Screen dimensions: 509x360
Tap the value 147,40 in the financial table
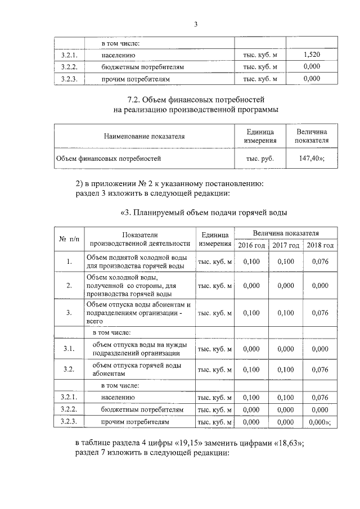312,159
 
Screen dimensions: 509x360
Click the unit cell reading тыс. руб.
260,159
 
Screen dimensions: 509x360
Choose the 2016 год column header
251,245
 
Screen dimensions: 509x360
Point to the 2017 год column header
286,245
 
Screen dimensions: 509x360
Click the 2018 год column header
320,245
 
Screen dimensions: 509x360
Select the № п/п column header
69,239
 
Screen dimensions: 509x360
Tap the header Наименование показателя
144,136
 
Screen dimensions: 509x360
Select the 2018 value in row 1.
319,261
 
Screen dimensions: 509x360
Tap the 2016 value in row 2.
251,286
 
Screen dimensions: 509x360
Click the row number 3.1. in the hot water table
69,349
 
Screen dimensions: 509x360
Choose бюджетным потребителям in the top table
143,67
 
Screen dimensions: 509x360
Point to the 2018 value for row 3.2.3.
319,421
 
